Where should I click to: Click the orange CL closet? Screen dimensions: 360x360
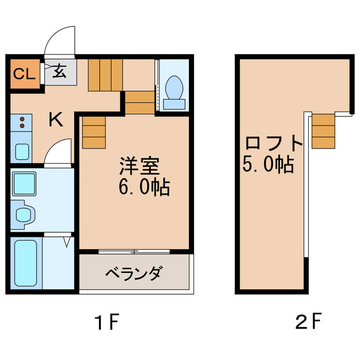pyautogui.click(x=24, y=73)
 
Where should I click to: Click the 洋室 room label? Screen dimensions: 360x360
pyautogui.click(x=139, y=166)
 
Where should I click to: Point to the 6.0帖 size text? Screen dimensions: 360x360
pyautogui.click(x=144, y=187)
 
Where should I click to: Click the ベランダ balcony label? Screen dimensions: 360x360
pyautogui.click(x=134, y=274)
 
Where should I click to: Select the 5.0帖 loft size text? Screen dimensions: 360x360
pyautogui.click(x=268, y=164)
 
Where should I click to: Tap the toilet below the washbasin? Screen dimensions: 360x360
pyautogui.click(x=23, y=214)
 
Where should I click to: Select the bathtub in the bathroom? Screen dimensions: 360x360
pyautogui.click(x=25, y=263)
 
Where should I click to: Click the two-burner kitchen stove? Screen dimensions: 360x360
pyautogui.click(x=21, y=123)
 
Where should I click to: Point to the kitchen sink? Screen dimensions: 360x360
pyautogui.click(x=22, y=151)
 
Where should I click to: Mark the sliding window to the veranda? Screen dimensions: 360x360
pyautogui.click(x=134, y=250)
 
